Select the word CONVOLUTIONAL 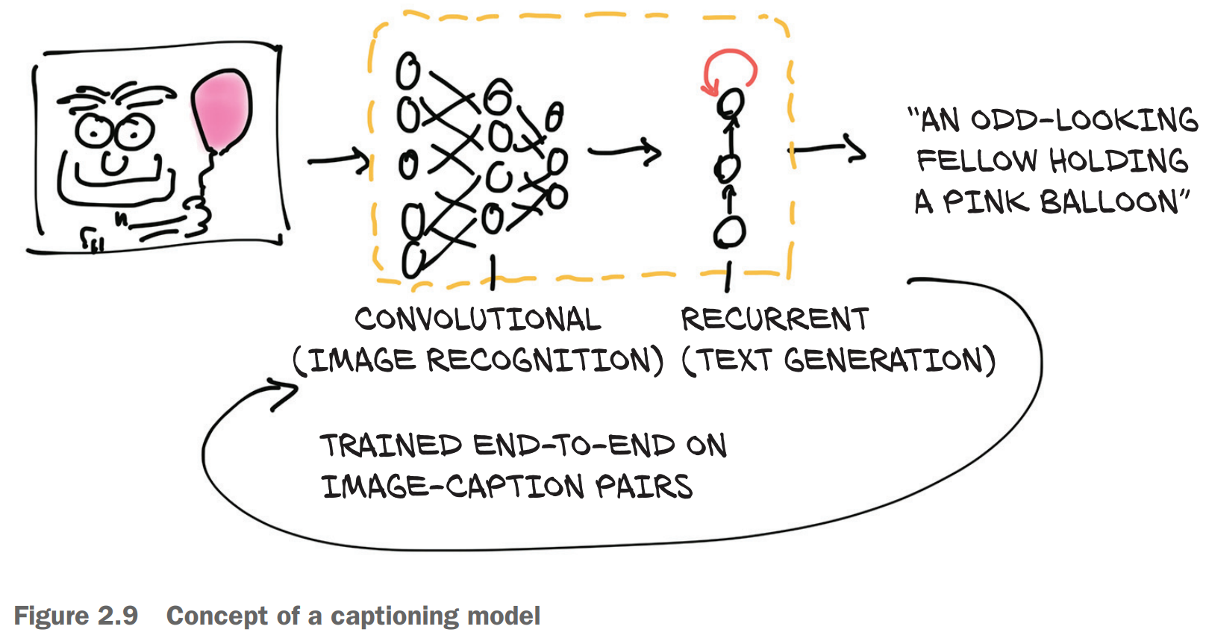pos(478,319)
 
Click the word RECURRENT pos(775,319)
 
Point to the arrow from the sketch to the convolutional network pos(340,160)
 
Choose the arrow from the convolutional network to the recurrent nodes pos(625,152)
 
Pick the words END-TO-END pos(575,445)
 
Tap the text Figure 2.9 pos(76,616)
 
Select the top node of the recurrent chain pos(731,102)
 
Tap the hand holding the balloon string pos(198,216)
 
